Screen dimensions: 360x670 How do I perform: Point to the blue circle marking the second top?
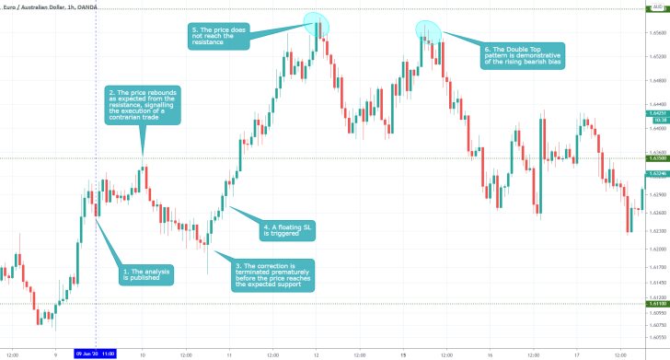click(427, 29)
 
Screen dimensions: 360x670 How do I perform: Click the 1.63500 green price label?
click(656, 158)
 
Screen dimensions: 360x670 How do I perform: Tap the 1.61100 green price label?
click(656, 303)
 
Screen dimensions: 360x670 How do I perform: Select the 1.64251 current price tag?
click(656, 112)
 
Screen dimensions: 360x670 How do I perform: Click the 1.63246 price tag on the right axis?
click(656, 173)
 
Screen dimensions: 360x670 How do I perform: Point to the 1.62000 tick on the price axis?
click(656, 249)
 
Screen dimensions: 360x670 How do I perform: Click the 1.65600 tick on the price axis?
click(656, 32)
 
